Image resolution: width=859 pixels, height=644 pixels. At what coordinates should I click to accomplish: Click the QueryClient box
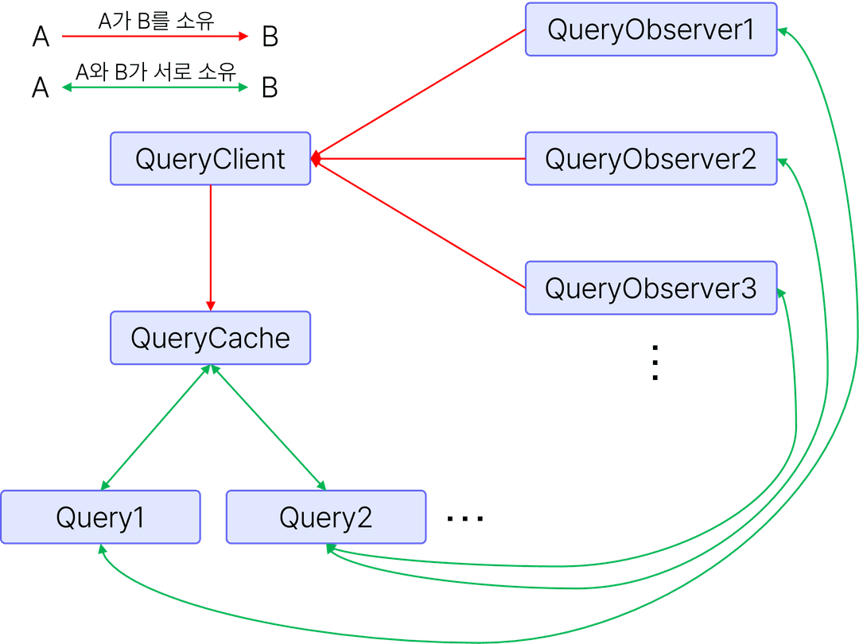click(x=210, y=159)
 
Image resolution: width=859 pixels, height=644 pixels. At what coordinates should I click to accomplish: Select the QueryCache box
click(x=210, y=338)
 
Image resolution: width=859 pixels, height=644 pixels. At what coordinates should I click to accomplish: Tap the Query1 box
click(x=100, y=518)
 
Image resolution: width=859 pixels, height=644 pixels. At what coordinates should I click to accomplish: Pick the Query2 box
click(x=326, y=518)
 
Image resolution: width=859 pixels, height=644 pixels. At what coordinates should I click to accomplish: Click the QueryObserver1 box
click(x=651, y=29)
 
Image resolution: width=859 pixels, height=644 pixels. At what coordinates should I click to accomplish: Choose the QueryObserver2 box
click(x=651, y=159)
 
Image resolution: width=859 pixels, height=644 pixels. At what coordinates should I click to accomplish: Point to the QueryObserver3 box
click(x=651, y=288)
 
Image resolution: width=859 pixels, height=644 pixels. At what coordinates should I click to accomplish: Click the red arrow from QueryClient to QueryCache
click(x=211, y=246)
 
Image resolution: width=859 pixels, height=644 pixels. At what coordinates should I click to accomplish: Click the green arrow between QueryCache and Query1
click(x=156, y=427)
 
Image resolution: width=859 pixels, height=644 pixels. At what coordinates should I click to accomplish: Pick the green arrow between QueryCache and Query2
click(x=267, y=427)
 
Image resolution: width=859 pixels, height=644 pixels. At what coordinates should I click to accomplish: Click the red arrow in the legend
click(x=156, y=37)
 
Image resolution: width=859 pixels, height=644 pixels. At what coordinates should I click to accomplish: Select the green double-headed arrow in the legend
click(x=156, y=87)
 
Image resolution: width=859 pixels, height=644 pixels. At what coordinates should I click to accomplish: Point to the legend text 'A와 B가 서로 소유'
click(x=156, y=72)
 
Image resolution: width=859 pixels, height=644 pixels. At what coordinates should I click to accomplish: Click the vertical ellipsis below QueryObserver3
click(x=655, y=363)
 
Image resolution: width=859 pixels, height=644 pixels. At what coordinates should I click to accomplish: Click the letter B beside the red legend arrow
click(x=270, y=37)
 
